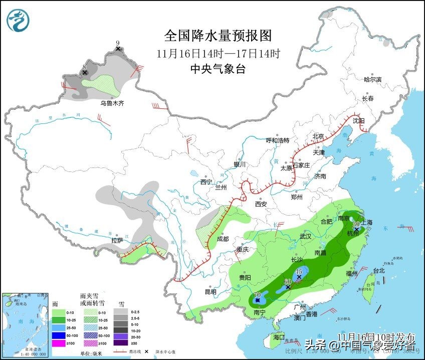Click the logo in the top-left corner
click(19, 20)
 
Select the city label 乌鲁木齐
click(111, 103)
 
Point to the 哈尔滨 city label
click(372, 79)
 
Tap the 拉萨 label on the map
click(117, 241)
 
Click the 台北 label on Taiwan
click(378, 271)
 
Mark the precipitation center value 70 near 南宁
click(258, 295)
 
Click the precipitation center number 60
click(288, 282)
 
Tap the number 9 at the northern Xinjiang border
click(118, 43)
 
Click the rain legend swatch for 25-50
click(59, 328)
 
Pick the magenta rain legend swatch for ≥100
click(59, 343)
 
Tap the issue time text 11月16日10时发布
click(376, 335)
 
